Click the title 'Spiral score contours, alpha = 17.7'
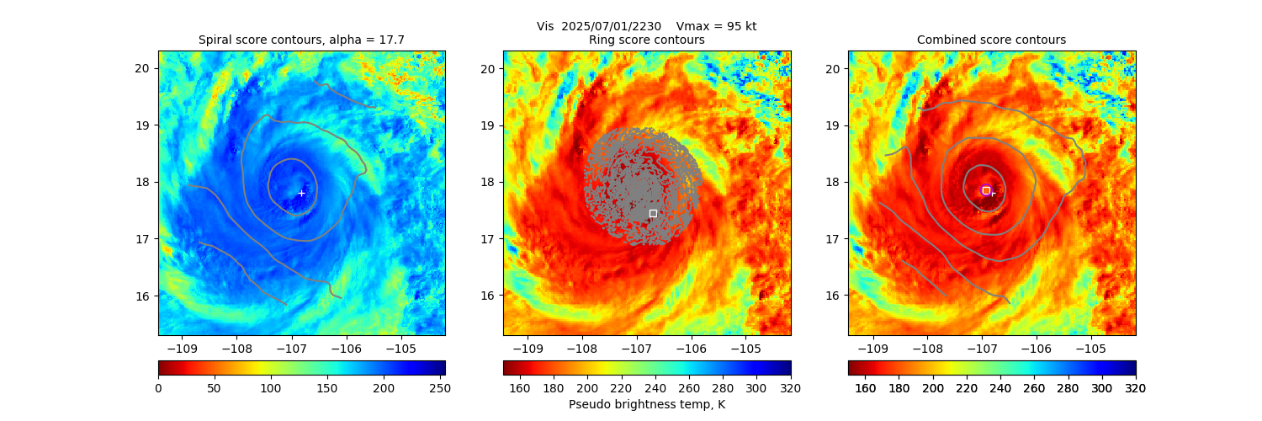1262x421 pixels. (301, 40)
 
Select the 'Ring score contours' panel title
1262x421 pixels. (647, 40)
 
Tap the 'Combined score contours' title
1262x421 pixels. (991, 40)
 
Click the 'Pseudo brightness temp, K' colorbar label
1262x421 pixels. (647, 404)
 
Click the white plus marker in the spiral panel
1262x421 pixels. (301, 193)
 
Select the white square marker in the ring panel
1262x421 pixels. (653, 213)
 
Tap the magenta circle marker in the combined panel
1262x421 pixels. (986, 190)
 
